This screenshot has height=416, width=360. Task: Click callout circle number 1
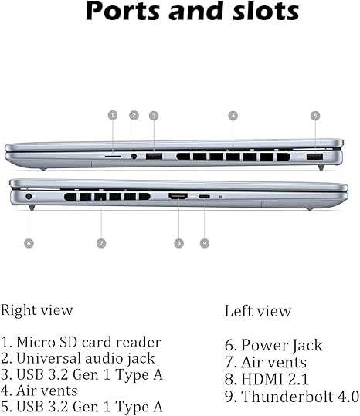[113, 115]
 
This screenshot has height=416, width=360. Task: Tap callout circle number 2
[134, 115]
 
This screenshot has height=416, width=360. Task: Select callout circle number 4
[233, 116]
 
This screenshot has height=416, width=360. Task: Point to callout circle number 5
[315, 116]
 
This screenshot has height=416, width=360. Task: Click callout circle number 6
[29, 243]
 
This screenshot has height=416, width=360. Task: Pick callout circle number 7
[101, 243]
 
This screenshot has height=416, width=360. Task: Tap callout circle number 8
[178, 243]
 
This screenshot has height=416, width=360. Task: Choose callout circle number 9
[205, 243]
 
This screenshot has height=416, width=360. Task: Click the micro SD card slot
[113, 157]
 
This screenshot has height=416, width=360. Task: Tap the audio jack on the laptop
[134, 156]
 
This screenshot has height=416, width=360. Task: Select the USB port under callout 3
[154, 156]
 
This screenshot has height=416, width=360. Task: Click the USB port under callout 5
[314, 157]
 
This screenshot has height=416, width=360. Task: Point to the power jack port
[29, 197]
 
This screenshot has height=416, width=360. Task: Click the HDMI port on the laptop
[178, 196]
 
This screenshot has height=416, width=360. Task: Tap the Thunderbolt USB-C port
[204, 197]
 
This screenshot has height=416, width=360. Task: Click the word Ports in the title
[123, 11]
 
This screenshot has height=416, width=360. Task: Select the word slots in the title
[266, 11]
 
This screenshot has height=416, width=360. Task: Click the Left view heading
[258, 311]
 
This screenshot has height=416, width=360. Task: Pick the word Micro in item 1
[36, 342]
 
